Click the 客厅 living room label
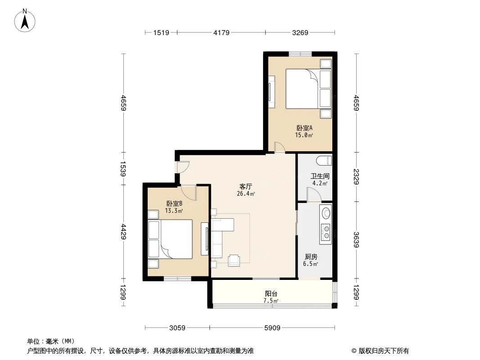click(245, 186)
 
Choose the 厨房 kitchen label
click(311, 258)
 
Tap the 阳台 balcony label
click(271, 293)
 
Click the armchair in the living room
click(235, 260)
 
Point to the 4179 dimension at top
click(222, 32)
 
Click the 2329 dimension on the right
click(356, 176)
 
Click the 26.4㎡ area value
click(246, 194)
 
